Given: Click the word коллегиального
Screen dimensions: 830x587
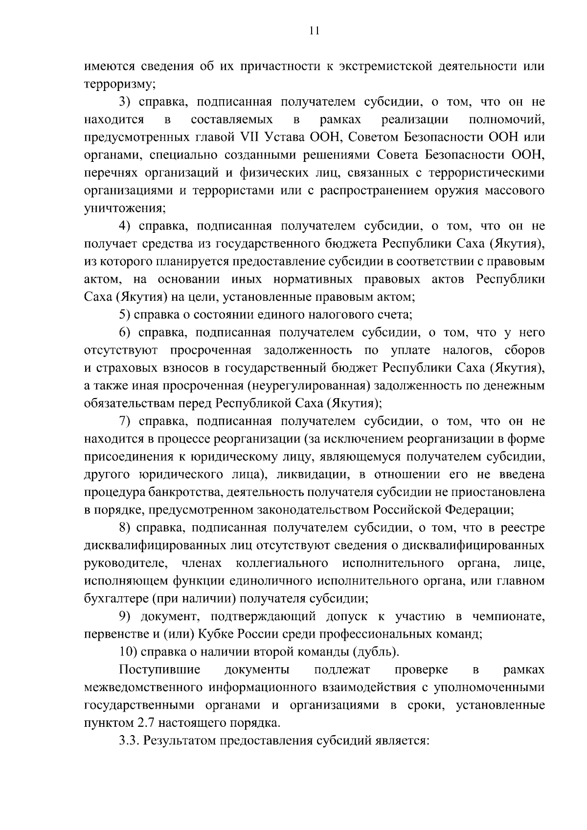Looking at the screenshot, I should (x=282, y=563).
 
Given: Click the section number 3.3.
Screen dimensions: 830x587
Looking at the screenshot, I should (x=130, y=741).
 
